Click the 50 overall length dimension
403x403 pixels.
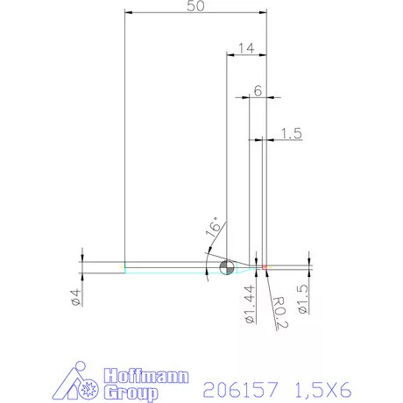coord(196,6)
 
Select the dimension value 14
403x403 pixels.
coord(245,48)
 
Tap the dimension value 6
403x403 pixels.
coord(258,90)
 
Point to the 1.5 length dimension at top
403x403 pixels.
coord(293,133)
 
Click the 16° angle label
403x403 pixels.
coord(213,229)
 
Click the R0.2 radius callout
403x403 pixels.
coord(279,309)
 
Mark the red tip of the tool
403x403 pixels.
coord(264,266)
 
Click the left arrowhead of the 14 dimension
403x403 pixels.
coord(231,56)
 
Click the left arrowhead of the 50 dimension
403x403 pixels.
coord(129,13)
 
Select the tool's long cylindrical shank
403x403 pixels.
coord(166,266)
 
